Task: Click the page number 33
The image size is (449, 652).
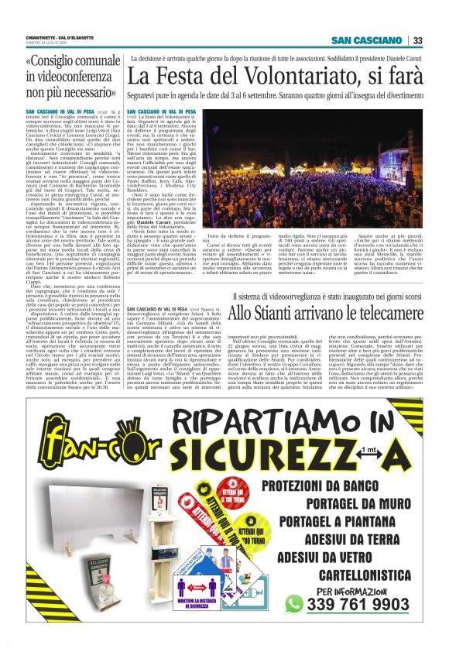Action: (x=417, y=41)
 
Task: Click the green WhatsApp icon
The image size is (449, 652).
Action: (x=315, y=603)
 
